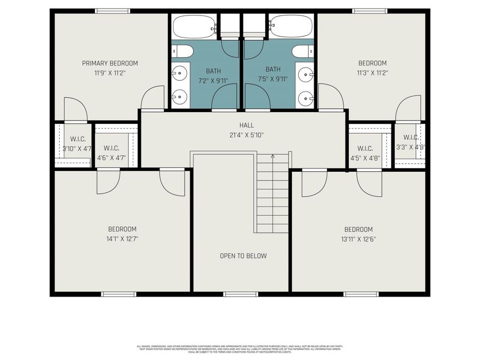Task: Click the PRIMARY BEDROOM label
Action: tap(110, 63)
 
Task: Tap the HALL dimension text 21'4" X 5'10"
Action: tap(243, 135)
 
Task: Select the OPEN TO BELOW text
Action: tap(243, 256)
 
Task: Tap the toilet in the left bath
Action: tap(182, 51)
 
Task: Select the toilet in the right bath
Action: tap(303, 51)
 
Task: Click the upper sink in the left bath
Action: tap(180, 71)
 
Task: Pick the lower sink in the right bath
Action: tap(305, 97)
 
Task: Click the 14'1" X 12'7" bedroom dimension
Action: tap(122, 239)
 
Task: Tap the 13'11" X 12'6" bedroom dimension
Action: tap(358, 239)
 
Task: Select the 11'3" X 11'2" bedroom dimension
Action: tap(372, 73)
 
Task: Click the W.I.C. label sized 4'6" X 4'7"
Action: tap(111, 148)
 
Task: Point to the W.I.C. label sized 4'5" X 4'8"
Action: tap(365, 148)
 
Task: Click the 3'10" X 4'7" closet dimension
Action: tap(76, 149)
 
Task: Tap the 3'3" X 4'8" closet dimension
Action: tap(410, 147)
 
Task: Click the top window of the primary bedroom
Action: tap(112, 11)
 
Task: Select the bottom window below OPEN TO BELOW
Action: tap(241, 294)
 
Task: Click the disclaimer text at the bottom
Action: tap(241, 349)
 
